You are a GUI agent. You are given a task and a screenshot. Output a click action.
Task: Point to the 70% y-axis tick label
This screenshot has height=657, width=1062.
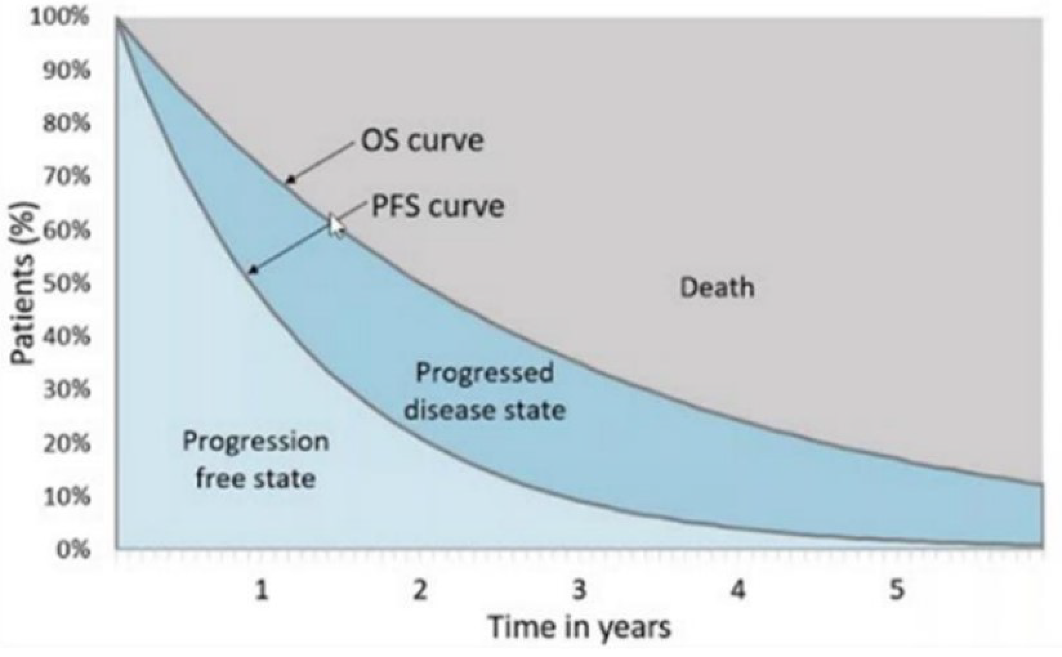(66, 177)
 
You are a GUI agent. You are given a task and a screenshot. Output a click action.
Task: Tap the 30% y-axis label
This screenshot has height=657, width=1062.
(66, 390)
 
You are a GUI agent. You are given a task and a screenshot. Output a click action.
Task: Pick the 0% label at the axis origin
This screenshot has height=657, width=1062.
(73, 550)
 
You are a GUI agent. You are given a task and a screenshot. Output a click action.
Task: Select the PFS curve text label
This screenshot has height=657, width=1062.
(438, 206)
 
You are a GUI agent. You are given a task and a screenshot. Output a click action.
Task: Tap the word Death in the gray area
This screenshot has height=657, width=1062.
(717, 287)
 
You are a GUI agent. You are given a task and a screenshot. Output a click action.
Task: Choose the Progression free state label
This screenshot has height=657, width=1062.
(256, 460)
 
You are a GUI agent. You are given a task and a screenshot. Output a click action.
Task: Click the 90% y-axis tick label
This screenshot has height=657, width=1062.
(66, 70)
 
